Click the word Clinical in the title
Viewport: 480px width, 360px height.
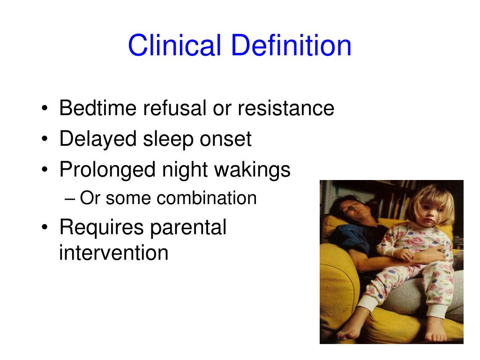pos(174,45)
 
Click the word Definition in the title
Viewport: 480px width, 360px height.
pos(291,45)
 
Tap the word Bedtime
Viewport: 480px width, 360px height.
pos(98,108)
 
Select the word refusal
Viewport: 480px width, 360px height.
pos(175,108)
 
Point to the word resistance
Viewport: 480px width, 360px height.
pos(286,108)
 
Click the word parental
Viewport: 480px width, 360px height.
pos(188,228)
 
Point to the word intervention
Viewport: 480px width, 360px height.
pos(113,253)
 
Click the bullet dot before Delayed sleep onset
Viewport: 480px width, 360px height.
pos(45,139)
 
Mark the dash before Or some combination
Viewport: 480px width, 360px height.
pos(70,199)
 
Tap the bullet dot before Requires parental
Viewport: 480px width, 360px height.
pos(45,227)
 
